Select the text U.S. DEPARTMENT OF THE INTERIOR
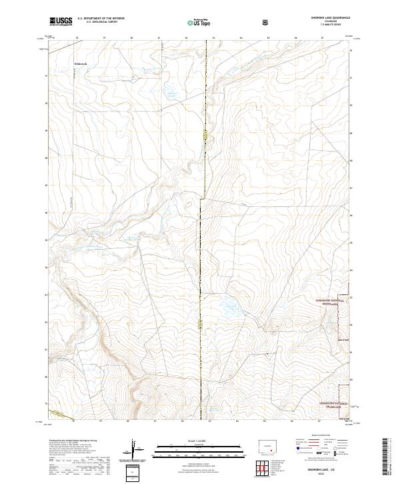(x=101, y=19)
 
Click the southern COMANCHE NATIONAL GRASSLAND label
(x=334, y=403)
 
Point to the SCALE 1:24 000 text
(x=190, y=440)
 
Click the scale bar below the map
(x=190, y=450)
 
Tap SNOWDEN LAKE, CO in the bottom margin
(x=324, y=469)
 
